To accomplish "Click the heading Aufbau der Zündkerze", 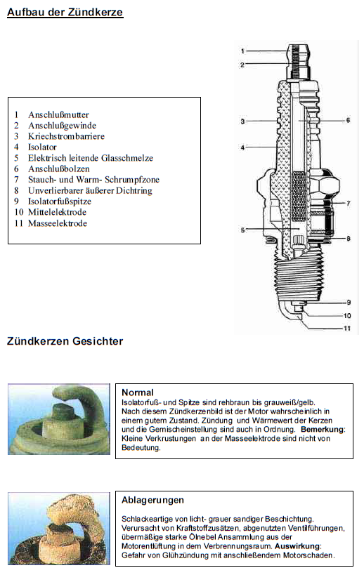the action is pyautogui.click(x=65, y=12).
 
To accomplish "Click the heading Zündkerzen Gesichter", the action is pyautogui.click(x=65, y=341).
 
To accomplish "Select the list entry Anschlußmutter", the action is pyautogui.click(x=58, y=114).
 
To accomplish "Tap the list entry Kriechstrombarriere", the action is pyautogui.click(x=66, y=136).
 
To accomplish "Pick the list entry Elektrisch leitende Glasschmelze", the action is pyautogui.click(x=90, y=158).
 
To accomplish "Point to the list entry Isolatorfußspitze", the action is pyautogui.click(x=60, y=201).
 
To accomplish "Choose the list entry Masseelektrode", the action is pyautogui.click(x=57, y=223).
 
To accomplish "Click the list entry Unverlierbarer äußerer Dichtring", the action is pyautogui.click(x=90, y=191).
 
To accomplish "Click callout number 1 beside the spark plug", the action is pyautogui.click(x=242, y=51).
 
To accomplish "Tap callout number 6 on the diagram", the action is pyautogui.click(x=348, y=120).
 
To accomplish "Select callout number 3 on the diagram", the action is pyautogui.click(x=242, y=121).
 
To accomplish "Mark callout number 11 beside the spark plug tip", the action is pyautogui.click(x=347, y=328).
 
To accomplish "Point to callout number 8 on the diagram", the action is pyautogui.click(x=349, y=239).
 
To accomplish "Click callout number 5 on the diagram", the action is pyautogui.click(x=242, y=230).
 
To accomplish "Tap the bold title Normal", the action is pyautogui.click(x=137, y=392).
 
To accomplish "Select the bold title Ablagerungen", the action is pyautogui.click(x=152, y=500).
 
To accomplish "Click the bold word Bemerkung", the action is pyautogui.click(x=323, y=430).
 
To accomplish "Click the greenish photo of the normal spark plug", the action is pyautogui.click(x=59, y=419).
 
